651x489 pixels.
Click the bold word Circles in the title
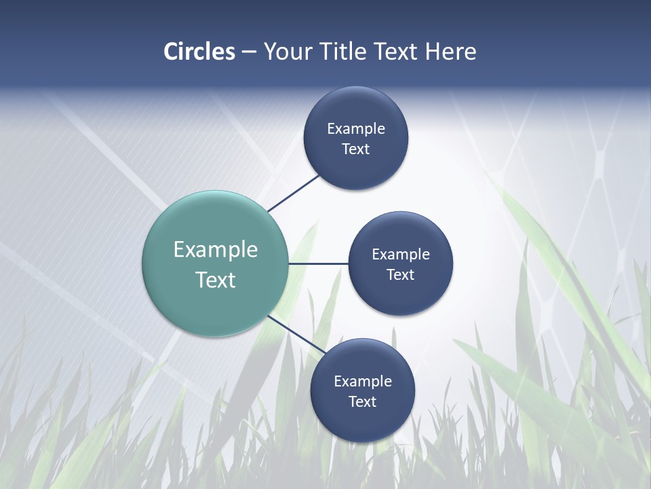(x=199, y=52)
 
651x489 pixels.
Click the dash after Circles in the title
(x=249, y=52)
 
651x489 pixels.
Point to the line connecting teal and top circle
(x=293, y=193)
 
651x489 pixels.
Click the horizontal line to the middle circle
(x=318, y=264)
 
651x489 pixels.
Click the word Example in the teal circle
(x=216, y=250)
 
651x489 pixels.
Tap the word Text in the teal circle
(x=216, y=280)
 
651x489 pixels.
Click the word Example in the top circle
(x=356, y=129)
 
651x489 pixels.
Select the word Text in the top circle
(x=356, y=149)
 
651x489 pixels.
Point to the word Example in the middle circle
(x=401, y=255)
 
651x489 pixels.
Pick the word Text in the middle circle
(x=401, y=275)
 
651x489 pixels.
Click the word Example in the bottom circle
(x=363, y=382)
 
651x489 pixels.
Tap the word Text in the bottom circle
(x=363, y=402)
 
